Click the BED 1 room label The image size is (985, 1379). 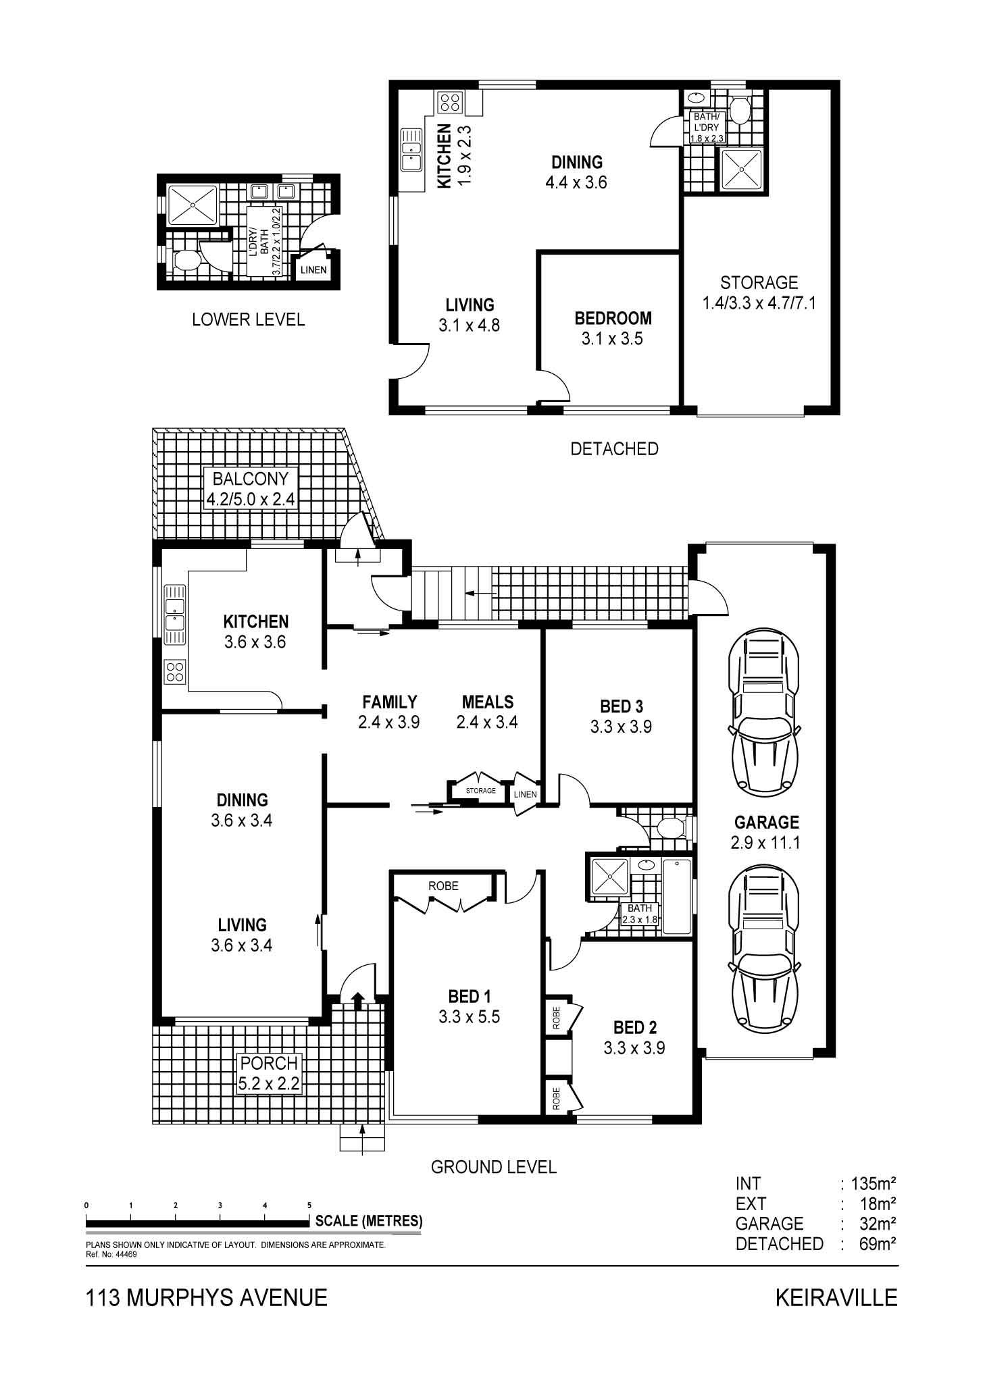tap(469, 1006)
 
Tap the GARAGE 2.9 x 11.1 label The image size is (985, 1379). tap(765, 832)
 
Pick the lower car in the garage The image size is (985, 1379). tap(765, 947)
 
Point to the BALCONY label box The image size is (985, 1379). tap(251, 489)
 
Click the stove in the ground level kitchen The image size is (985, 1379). tap(175, 671)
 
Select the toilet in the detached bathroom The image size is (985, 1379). tap(740, 109)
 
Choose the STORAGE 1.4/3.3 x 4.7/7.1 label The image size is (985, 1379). tap(759, 292)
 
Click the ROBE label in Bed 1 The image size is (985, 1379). tap(443, 885)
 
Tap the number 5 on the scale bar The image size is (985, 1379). tap(309, 1205)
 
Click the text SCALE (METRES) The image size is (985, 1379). tap(369, 1220)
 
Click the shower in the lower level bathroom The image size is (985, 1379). tap(193, 205)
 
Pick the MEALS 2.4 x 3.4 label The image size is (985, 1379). tap(487, 712)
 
